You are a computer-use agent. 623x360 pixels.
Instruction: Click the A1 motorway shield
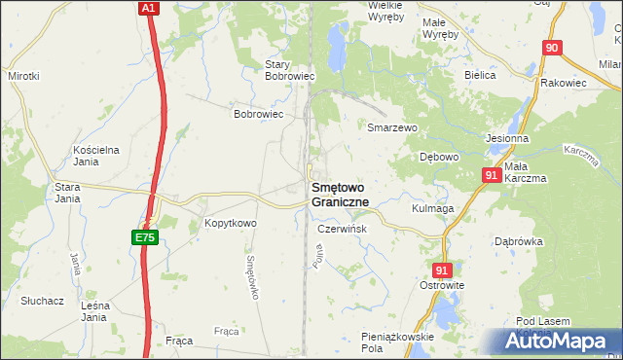[147, 8]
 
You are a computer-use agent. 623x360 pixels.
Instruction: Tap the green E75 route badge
[143, 236]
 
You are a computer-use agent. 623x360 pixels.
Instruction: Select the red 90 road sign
[552, 48]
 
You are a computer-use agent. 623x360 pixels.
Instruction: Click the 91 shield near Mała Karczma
[492, 175]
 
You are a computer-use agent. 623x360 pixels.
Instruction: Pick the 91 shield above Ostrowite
[443, 270]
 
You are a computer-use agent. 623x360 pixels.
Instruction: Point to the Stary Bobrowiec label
[288, 70]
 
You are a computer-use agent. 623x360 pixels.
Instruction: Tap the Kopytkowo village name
[230, 224]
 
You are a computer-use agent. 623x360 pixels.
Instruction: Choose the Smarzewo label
[391, 127]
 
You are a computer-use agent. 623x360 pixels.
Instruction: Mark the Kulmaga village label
[433, 208]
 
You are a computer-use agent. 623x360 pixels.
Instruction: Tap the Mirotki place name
[23, 75]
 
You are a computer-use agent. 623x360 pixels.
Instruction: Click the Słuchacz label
[42, 301]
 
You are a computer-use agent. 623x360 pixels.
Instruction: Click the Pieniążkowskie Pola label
[397, 342]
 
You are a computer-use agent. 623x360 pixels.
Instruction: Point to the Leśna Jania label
[93, 311]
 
